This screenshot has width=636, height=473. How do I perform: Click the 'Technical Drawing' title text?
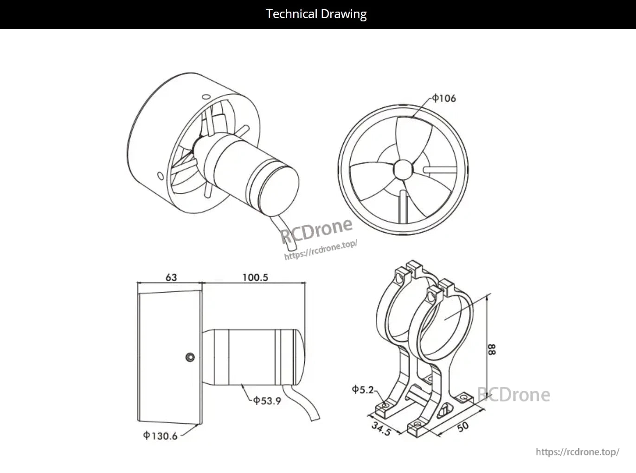(x=316, y=14)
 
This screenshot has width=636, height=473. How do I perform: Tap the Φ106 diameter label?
(x=444, y=98)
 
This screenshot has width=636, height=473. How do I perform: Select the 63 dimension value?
(x=171, y=277)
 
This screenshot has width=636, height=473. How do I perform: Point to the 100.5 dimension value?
(x=255, y=277)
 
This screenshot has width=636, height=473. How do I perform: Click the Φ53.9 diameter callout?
(x=267, y=401)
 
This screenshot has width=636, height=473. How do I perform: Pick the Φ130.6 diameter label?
(x=161, y=436)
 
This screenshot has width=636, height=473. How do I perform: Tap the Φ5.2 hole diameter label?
(x=362, y=389)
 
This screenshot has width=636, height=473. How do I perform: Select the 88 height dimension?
(x=492, y=349)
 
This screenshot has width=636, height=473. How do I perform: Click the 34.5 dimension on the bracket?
(x=381, y=428)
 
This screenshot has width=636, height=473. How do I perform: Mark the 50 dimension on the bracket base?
(x=463, y=427)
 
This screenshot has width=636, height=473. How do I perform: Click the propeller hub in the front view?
(x=403, y=169)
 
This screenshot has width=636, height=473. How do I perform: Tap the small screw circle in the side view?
(x=190, y=357)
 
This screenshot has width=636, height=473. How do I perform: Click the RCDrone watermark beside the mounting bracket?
(x=514, y=395)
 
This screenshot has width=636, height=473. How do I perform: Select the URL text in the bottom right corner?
(x=577, y=452)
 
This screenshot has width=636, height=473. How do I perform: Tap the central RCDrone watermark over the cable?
(x=317, y=231)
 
